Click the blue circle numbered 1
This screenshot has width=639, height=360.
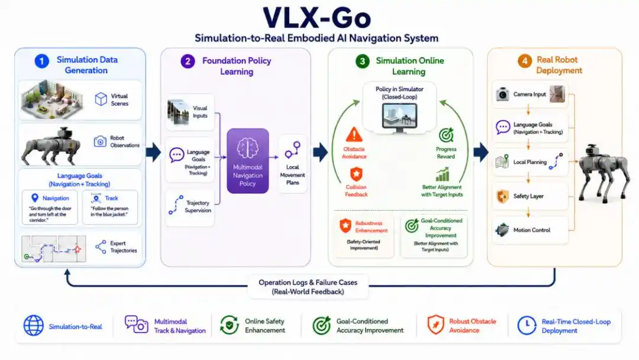pyautogui.click(x=41, y=61)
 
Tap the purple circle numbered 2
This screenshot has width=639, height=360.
pyautogui.click(x=188, y=61)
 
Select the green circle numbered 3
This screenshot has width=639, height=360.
pyautogui.click(x=362, y=61)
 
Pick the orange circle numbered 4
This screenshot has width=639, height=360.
pyautogui.click(x=524, y=61)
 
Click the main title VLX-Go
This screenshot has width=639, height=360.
pyautogui.click(x=317, y=18)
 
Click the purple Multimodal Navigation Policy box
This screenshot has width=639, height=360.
pyautogui.click(x=248, y=160)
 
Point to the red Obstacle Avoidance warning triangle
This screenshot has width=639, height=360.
pyautogui.click(x=354, y=134)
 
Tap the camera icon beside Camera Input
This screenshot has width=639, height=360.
pyautogui.click(x=502, y=94)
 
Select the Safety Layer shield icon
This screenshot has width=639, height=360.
pyautogui.click(x=502, y=197)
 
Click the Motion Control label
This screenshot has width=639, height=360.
pyautogui.click(x=531, y=230)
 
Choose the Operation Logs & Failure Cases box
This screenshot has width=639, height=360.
pyautogui.click(x=308, y=287)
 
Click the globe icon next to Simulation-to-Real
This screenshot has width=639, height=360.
pyautogui.click(x=33, y=325)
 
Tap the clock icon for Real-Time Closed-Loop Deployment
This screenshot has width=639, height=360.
pyautogui.click(x=527, y=325)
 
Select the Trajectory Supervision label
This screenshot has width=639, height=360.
pyautogui.click(x=198, y=207)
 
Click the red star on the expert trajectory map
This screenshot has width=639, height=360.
pyautogui.click(x=77, y=249)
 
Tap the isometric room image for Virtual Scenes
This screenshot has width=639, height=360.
pyautogui.click(x=51, y=99)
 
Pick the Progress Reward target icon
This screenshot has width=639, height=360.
pyautogui.click(x=446, y=136)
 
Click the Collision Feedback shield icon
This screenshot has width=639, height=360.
pyautogui.click(x=356, y=174)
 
